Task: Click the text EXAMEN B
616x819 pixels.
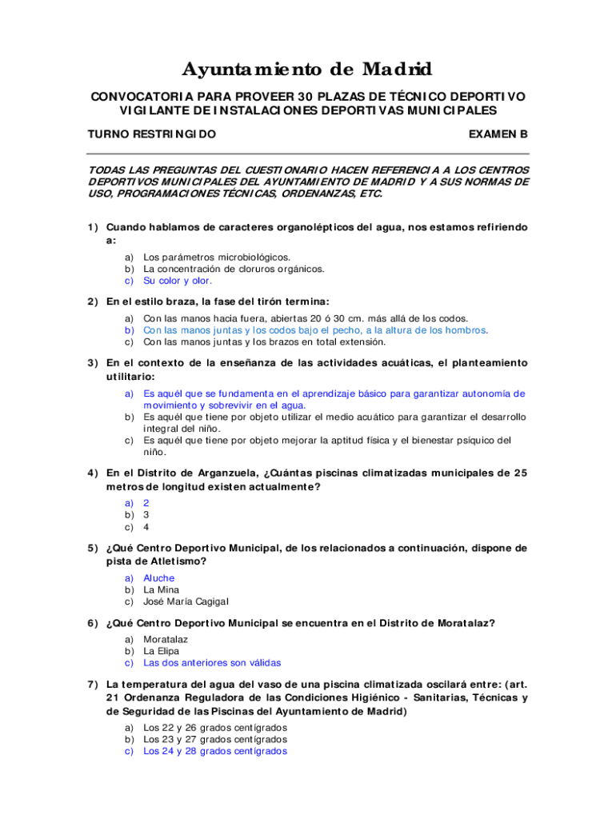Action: [x=498, y=134]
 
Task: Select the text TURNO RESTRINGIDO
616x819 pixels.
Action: [x=151, y=134]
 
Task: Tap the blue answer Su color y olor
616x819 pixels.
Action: [x=178, y=281]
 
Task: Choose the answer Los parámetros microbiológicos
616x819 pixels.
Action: [x=217, y=257]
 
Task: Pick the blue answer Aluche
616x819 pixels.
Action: [x=158, y=577]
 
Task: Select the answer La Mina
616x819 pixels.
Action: [x=161, y=589]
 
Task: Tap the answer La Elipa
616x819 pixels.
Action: [x=161, y=651]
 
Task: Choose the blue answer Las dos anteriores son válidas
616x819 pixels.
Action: [x=212, y=663]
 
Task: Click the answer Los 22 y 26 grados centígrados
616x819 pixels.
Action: [x=215, y=728]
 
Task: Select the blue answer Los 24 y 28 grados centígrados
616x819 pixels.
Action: [x=215, y=751]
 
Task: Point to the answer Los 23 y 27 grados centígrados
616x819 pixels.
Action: [x=215, y=740]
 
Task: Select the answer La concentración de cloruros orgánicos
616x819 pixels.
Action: [x=234, y=269]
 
